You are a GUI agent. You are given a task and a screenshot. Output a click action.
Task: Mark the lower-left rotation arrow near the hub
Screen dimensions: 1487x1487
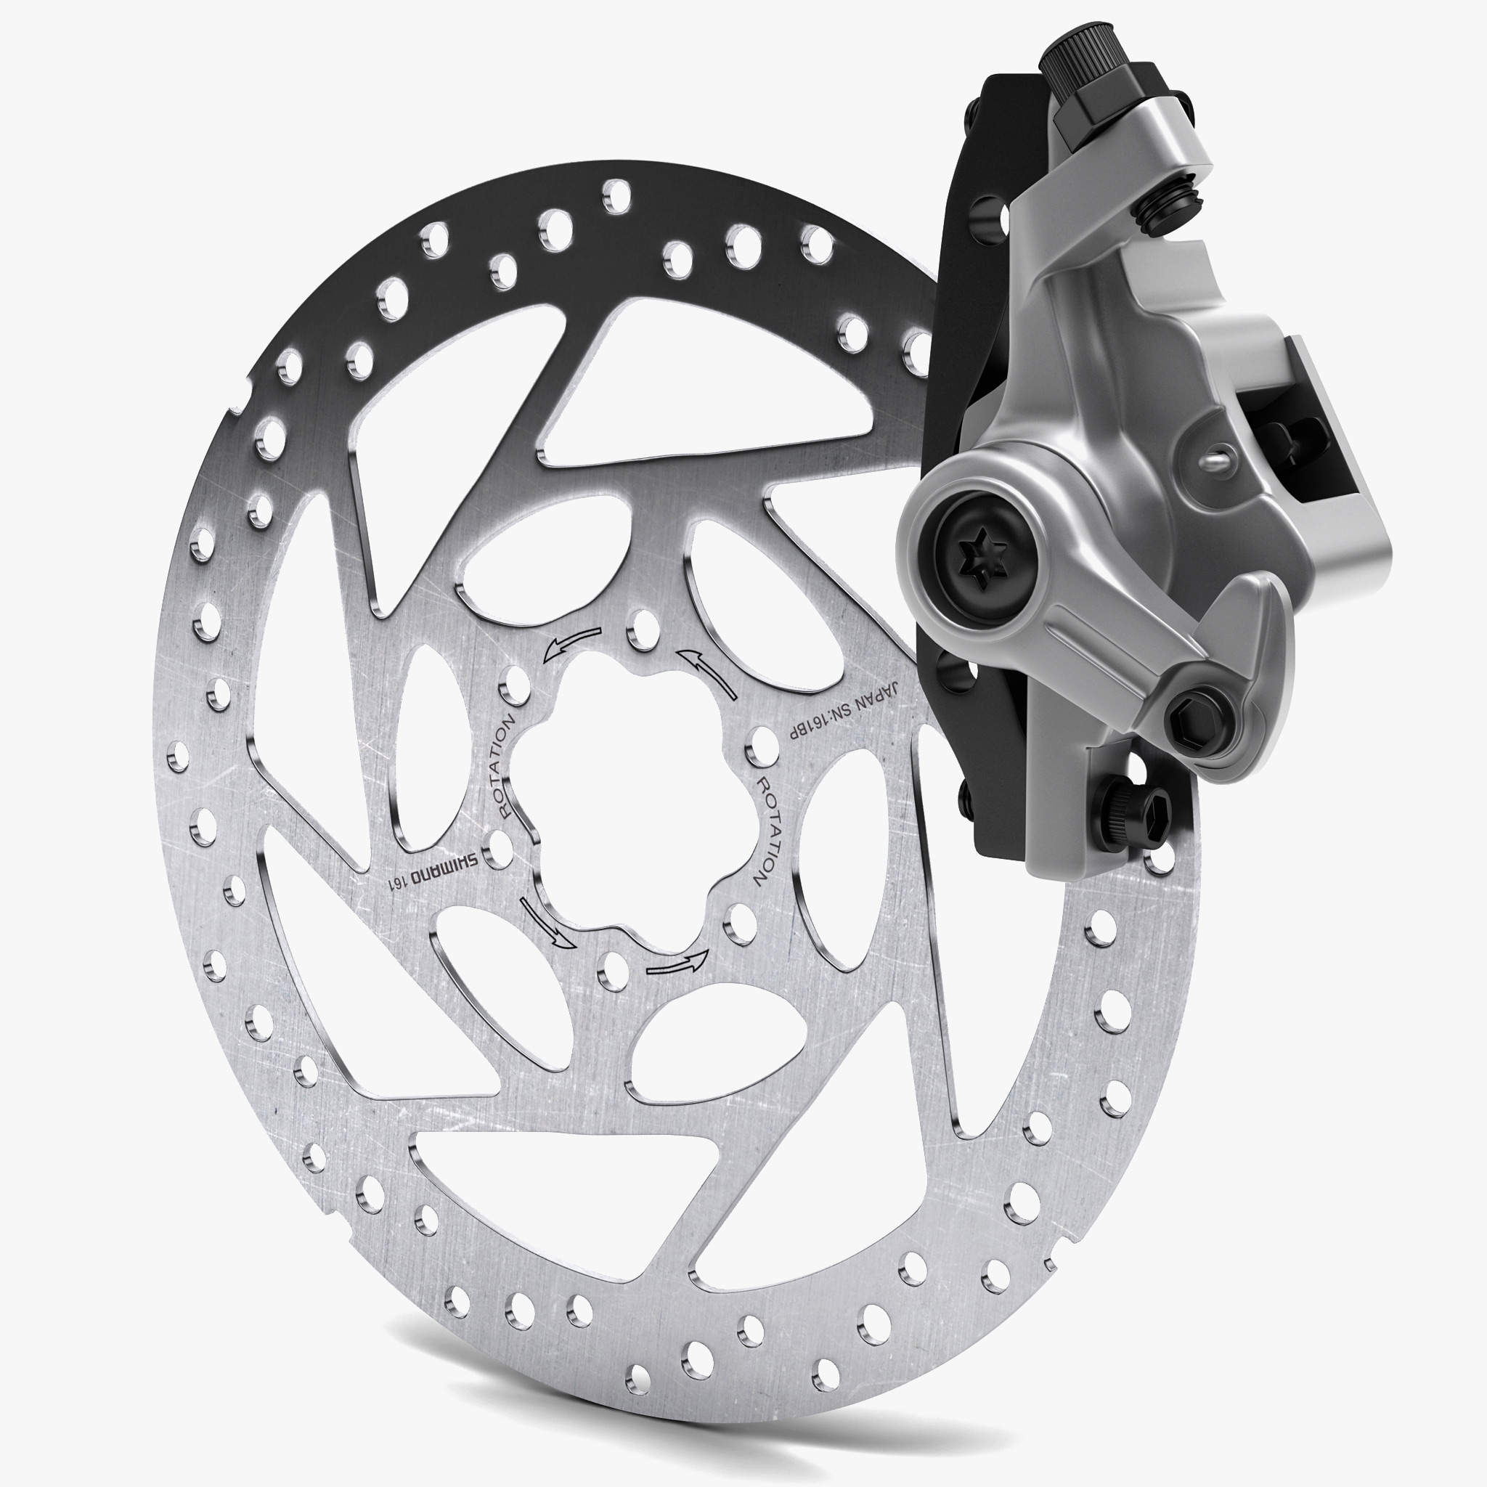pyautogui.click(x=546, y=922)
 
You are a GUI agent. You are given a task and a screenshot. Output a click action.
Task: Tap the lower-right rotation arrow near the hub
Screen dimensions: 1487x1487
pyautogui.click(x=677, y=964)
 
